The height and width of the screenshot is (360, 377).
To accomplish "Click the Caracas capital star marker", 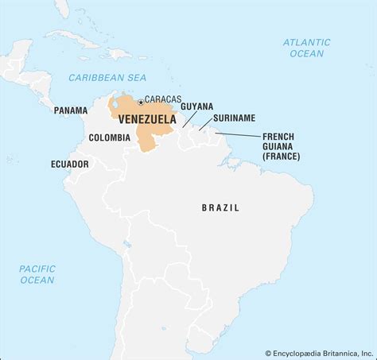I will [x=141, y=102].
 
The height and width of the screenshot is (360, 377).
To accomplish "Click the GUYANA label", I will [x=196, y=106].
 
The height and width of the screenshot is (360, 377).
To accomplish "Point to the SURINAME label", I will [x=234, y=118].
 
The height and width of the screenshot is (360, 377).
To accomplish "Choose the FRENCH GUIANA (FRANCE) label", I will [x=282, y=146].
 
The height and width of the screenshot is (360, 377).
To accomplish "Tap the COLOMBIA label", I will [x=110, y=137].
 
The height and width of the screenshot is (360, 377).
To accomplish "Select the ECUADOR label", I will [x=70, y=164].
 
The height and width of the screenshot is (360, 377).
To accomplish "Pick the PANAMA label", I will [x=71, y=110].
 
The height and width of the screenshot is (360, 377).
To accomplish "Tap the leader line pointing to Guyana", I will [x=189, y=118].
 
